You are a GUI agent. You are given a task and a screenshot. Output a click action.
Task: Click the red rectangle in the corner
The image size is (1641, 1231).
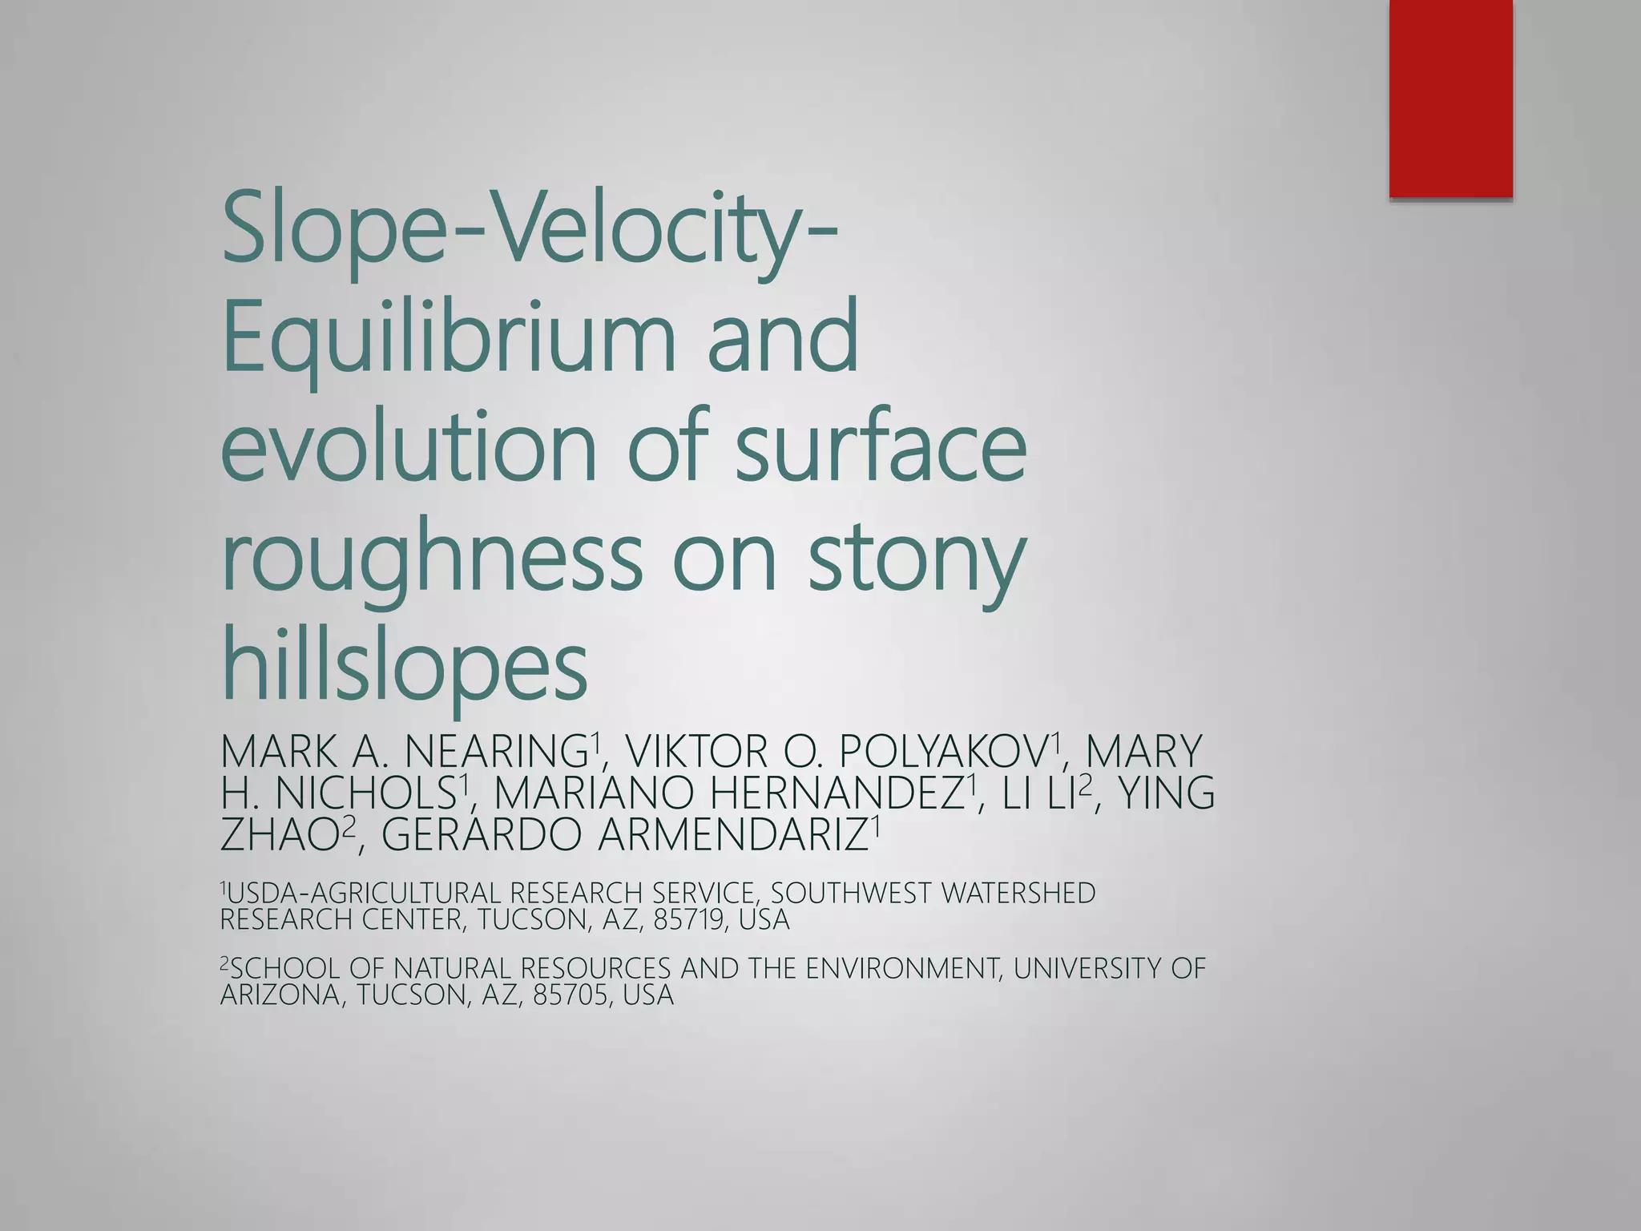[1450, 98]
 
